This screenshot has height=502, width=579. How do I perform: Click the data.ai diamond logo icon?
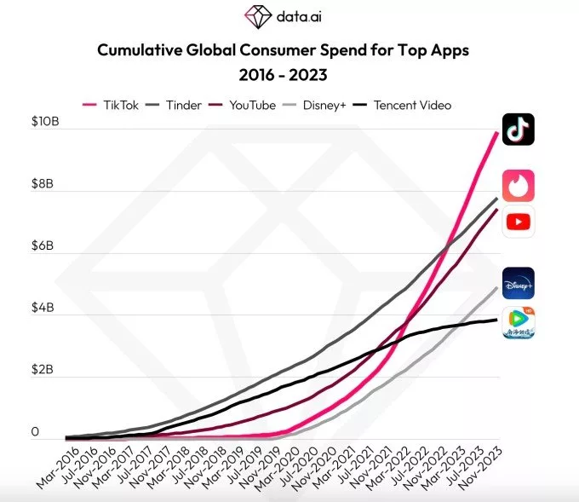pyautogui.click(x=257, y=15)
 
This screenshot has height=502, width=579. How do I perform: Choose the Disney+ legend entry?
pyautogui.click(x=318, y=105)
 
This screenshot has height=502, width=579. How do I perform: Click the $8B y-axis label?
pyautogui.click(x=48, y=184)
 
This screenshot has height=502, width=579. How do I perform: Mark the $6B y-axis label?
pyautogui.click(x=48, y=246)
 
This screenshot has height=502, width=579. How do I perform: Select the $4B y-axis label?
pyautogui.click(x=48, y=308)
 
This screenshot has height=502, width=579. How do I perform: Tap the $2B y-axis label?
pyautogui.click(x=48, y=370)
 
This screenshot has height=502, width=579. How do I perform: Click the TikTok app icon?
pyautogui.click(x=518, y=130)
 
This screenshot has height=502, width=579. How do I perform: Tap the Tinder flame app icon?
pyautogui.click(x=518, y=184)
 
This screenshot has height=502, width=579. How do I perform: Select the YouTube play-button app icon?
pyautogui.click(x=518, y=222)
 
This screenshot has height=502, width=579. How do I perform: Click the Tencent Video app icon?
pyautogui.click(x=518, y=322)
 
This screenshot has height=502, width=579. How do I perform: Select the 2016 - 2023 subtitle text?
pyautogui.click(x=283, y=75)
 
